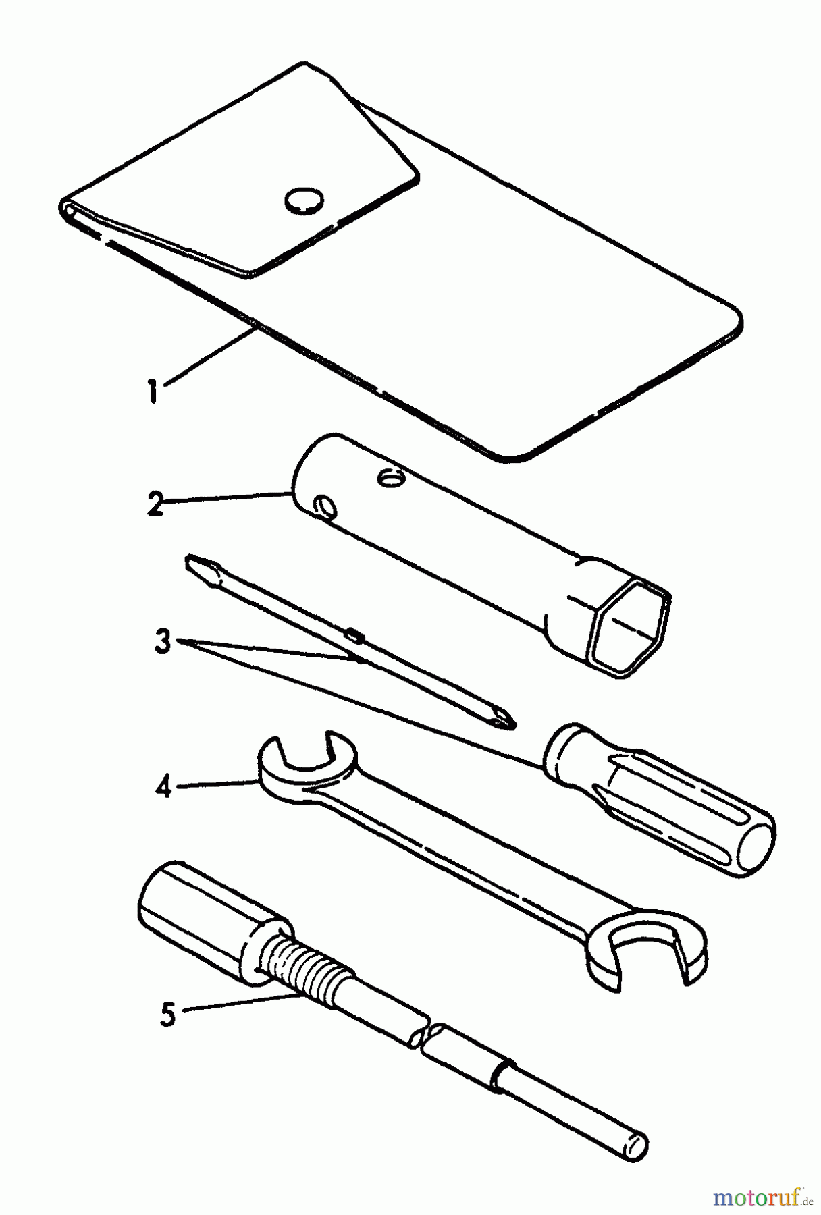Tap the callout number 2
click(155, 504)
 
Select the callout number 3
click(163, 642)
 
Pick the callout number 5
click(167, 1013)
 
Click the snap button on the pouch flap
click(303, 200)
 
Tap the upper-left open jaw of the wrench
click(297, 763)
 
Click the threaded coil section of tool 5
click(309, 973)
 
